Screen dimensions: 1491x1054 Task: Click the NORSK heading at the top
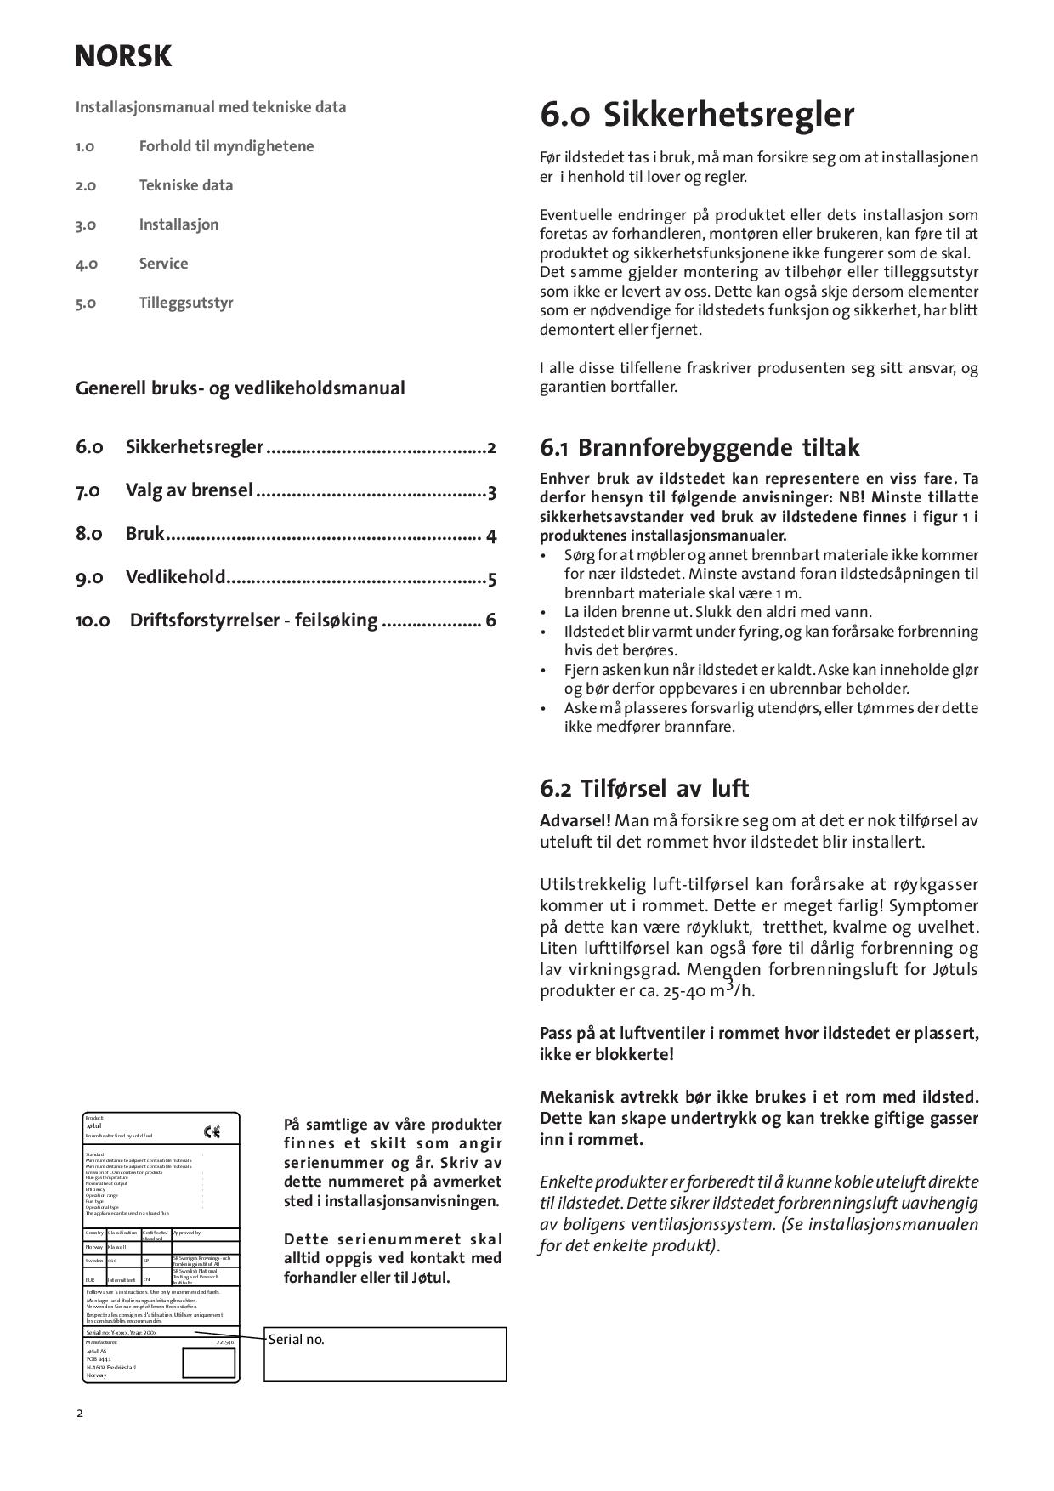pos(123,56)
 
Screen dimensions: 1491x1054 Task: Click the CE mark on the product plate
pos(212,1132)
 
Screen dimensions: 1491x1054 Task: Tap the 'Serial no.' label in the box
pos(297,1340)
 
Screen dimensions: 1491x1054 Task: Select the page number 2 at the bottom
pos(80,1414)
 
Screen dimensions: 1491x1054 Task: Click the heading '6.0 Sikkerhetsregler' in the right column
pos(697,115)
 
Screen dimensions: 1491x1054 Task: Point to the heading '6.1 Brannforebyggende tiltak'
pos(700,447)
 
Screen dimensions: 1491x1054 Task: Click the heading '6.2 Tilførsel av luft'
pos(644,788)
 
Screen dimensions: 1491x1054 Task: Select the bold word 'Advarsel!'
pos(575,820)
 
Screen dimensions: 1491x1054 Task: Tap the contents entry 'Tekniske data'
pos(186,185)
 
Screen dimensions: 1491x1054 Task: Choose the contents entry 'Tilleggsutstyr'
pos(186,303)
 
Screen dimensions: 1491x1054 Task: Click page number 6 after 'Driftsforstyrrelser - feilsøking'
pos(490,620)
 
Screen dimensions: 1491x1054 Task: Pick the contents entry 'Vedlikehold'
pos(176,577)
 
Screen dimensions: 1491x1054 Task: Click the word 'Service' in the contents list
pos(164,264)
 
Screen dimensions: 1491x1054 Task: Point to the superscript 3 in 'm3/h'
pos(729,984)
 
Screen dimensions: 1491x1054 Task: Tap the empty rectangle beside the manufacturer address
pos(208,1363)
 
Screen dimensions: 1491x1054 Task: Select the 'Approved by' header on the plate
pos(187,1233)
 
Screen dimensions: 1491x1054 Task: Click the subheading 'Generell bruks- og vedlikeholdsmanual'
pos(241,388)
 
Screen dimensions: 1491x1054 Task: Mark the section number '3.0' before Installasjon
pos(86,224)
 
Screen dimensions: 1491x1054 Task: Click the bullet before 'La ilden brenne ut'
pos(544,612)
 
